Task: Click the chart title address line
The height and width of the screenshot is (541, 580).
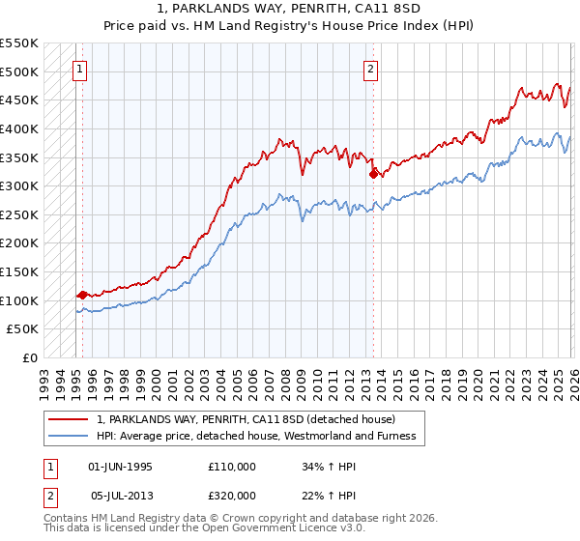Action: pos(289,8)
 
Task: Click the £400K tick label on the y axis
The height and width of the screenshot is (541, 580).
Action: pos(19,128)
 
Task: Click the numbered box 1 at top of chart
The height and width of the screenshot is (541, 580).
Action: pos(78,69)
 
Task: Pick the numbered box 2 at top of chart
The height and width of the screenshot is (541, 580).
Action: pos(370,69)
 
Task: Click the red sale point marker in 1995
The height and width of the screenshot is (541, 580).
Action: pos(82,295)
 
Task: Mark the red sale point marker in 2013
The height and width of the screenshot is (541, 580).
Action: pos(374,175)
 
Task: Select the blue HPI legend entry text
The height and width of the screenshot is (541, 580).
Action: pos(256,436)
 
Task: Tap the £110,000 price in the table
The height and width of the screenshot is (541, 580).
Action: pos(232,467)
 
